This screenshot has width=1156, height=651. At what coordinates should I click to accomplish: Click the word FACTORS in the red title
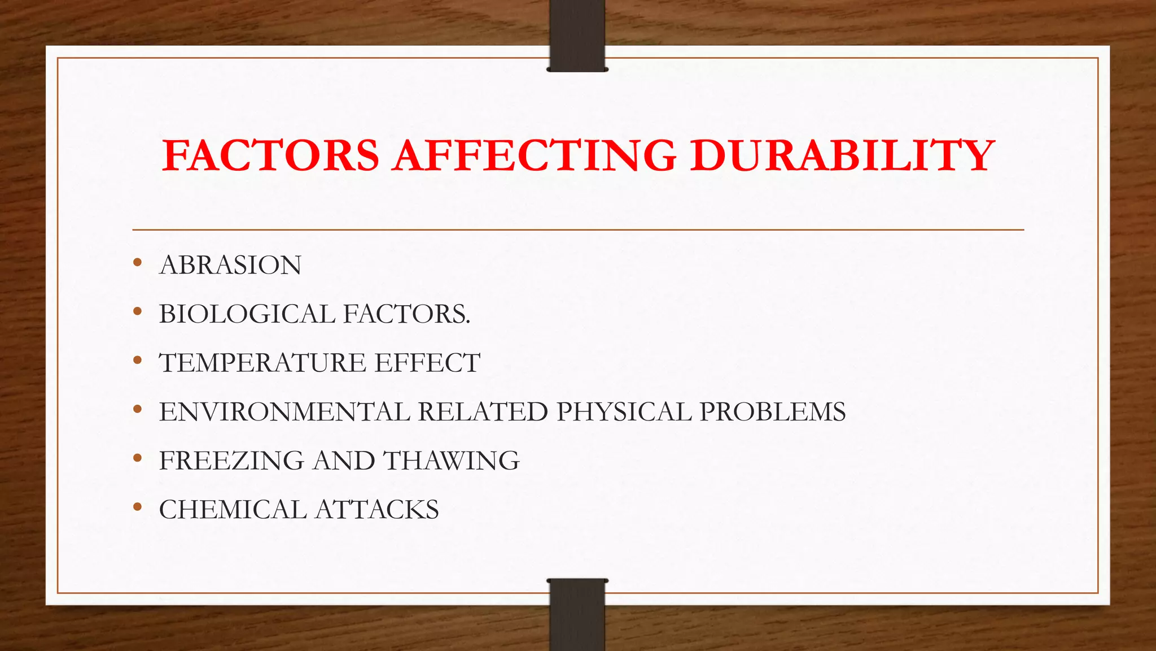pyautogui.click(x=270, y=155)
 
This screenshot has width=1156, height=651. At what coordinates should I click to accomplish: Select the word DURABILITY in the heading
pyautogui.click(x=842, y=155)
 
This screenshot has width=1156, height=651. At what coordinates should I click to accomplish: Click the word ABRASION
pyautogui.click(x=230, y=265)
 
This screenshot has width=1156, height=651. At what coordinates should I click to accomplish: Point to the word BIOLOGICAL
pyautogui.click(x=247, y=314)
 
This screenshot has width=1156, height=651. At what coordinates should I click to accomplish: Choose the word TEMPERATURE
pyautogui.click(x=263, y=363)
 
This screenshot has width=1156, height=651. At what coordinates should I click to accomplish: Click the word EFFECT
pyautogui.click(x=427, y=363)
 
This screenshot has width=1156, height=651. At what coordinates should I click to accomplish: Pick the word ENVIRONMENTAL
pyautogui.click(x=284, y=412)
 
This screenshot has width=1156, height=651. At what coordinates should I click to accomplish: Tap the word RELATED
pyautogui.click(x=483, y=412)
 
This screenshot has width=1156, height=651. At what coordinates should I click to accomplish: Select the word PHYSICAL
pyautogui.click(x=624, y=412)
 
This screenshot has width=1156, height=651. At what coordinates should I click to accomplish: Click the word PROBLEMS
pyautogui.click(x=773, y=412)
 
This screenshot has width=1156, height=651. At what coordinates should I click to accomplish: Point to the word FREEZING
pyautogui.click(x=232, y=461)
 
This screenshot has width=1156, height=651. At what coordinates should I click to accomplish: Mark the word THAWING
pyautogui.click(x=452, y=461)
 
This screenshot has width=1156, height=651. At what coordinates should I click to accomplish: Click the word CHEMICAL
pyautogui.click(x=233, y=510)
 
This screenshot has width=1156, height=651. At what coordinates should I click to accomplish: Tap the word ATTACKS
pyautogui.click(x=377, y=510)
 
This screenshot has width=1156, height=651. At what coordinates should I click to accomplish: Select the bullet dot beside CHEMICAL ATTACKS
pyautogui.click(x=137, y=507)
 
